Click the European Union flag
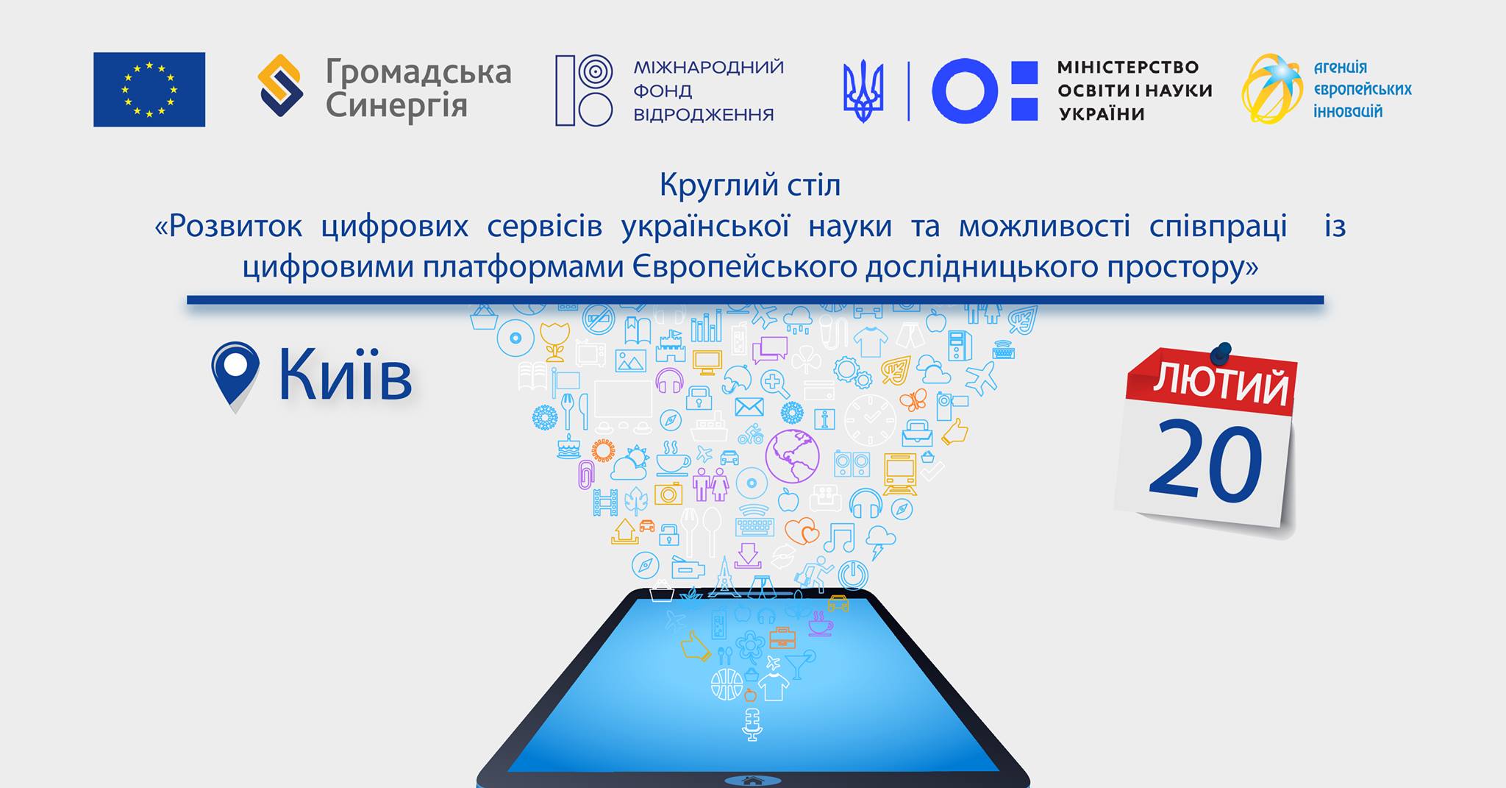point(149,89)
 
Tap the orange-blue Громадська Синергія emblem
point(280,85)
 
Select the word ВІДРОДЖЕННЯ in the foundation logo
point(704,114)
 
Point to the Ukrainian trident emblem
point(863,91)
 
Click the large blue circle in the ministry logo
point(965,90)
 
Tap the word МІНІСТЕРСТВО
point(1128,67)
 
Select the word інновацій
point(1348,112)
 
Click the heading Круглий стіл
point(749,185)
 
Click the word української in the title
point(705,227)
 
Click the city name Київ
point(345,376)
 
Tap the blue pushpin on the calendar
point(1221,352)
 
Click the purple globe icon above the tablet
point(792,456)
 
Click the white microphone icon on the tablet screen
point(751,724)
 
